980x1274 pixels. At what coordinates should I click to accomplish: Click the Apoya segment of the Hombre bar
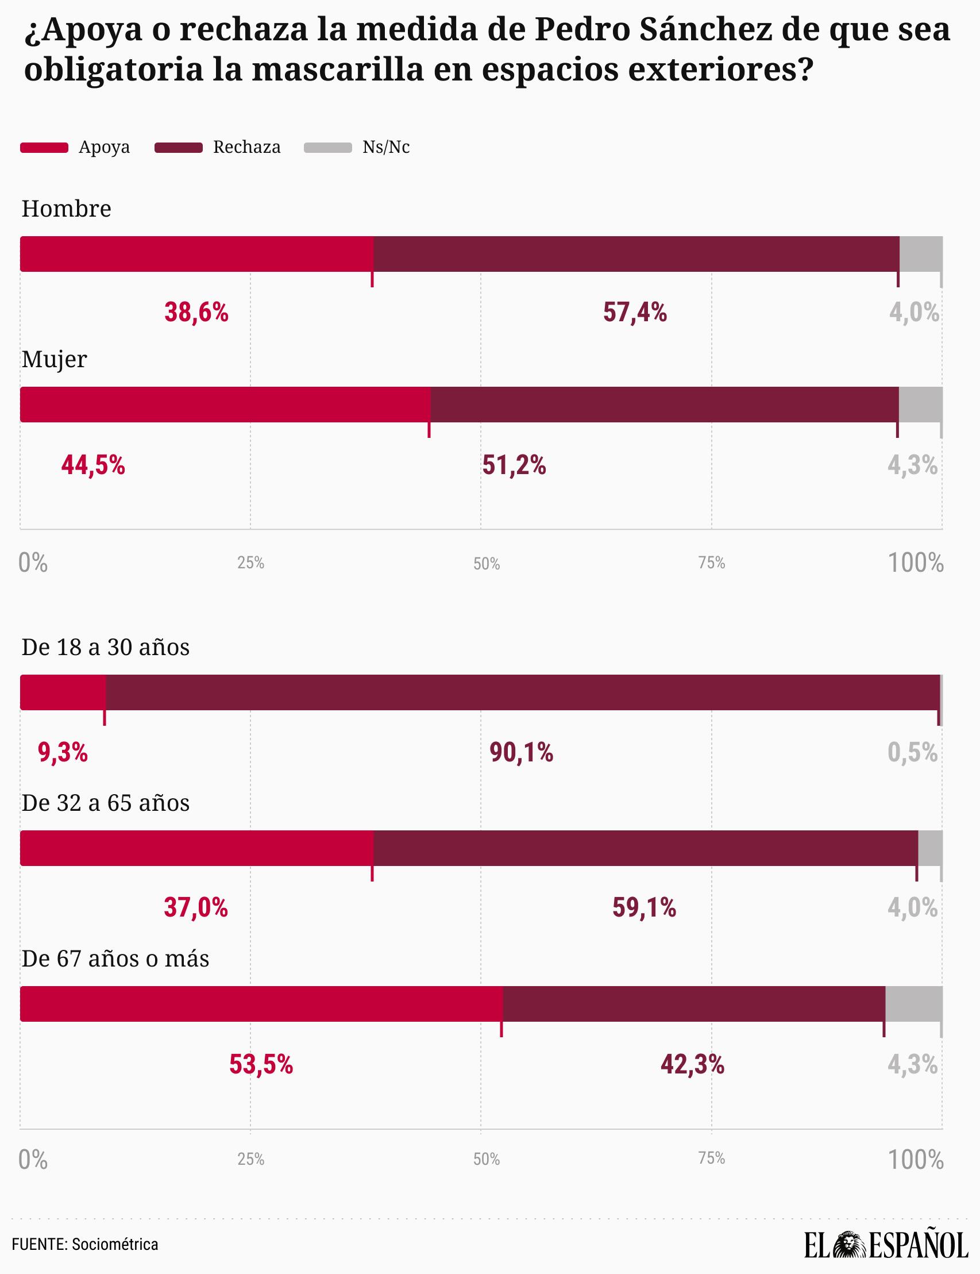point(196,254)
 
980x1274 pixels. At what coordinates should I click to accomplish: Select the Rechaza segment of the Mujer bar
point(664,404)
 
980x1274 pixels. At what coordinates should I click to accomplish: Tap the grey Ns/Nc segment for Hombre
point(920,254)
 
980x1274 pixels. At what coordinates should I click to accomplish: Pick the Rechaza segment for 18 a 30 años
point(522,692)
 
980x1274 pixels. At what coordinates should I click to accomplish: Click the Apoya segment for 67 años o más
point(261,1004)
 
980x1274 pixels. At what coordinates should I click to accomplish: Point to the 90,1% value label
point(521,753)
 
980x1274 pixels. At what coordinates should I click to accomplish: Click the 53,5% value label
point(261,1065)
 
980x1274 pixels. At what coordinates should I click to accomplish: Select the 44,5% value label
point(93,465)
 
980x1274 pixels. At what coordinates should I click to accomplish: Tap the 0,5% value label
point(912,753)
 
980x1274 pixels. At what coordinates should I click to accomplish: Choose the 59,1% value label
point(644,909)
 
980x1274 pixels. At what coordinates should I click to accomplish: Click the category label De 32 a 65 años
point(106,803)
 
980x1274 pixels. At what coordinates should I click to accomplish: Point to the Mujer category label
point(54,359)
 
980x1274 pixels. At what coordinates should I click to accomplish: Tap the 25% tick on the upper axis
point(250,563)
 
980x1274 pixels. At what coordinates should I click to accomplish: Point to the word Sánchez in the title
point(705,30)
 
